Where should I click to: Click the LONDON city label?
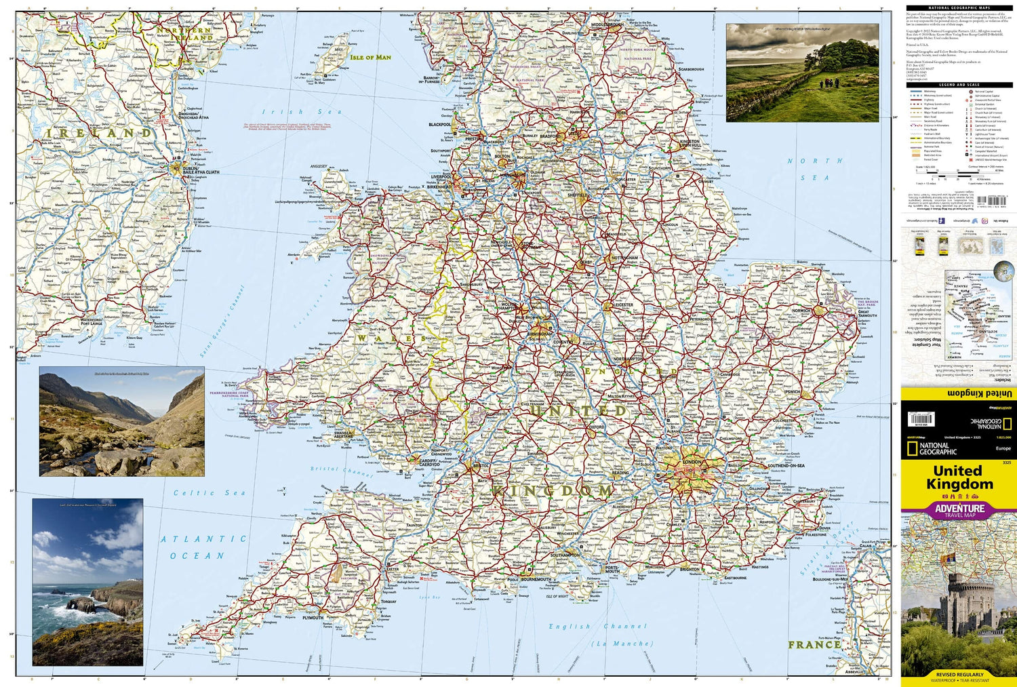click(x=692, y=462)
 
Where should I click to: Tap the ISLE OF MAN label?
click(x=370, y=58)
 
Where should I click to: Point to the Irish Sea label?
click(x=292, y=112)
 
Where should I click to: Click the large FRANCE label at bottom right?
click(x=814, y=644)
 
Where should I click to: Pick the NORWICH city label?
click(x=801, y=311)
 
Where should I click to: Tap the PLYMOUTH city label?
click(x=313, y=618)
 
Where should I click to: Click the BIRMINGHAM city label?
click(x=541, y=334)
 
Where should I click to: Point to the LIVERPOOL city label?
click(x=441, y=177)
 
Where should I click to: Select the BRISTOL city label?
click(x=481, y=466)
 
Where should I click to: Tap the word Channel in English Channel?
click(x=625, y=627)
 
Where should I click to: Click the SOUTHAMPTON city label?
click(x=565, y=555)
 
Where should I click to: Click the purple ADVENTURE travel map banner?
click(x=959, y=510)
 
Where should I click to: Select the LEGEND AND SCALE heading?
click(x=959, y=85)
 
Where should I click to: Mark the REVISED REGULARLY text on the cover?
click(x=959, y=675)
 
